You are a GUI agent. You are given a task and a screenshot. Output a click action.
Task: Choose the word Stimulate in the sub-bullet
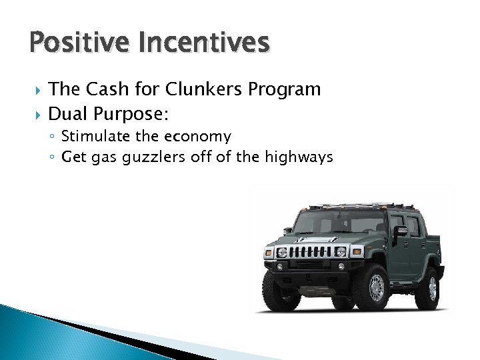tap(90, 137)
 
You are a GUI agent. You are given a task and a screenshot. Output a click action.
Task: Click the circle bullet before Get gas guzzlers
tap(53, 158)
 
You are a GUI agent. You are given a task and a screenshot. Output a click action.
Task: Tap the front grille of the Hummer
tap(309, 252)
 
